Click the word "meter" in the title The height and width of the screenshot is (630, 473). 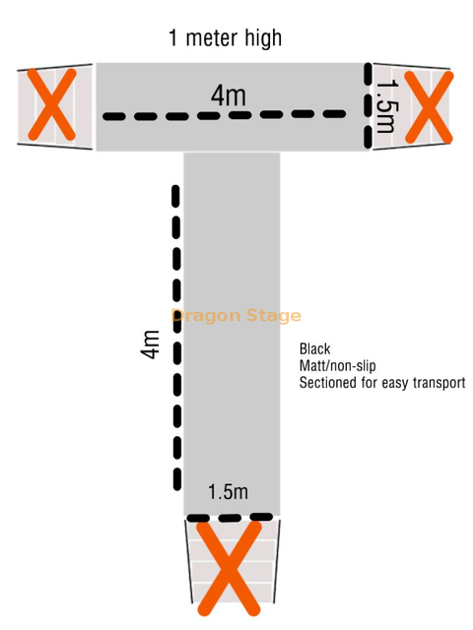[212, 37]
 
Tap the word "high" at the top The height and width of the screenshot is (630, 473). [263, 38]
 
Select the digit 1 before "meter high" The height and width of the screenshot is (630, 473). [173, 37]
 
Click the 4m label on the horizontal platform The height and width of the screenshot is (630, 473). [229, 96]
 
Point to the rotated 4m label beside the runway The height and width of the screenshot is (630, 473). [150, 345]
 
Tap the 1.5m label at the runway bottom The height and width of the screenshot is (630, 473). [228, 492]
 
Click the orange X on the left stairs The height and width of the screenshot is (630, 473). [51, 104]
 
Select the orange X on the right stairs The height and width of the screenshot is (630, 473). [429, 107]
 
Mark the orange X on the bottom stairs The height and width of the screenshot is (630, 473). [229, 569]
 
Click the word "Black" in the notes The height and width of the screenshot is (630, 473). [315, 348]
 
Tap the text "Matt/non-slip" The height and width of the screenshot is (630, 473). [337, 366]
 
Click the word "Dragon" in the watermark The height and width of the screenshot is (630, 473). [206, 316]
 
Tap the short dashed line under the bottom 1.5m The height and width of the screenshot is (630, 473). [230, 517]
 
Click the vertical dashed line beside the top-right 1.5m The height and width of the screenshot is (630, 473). [368, 106]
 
